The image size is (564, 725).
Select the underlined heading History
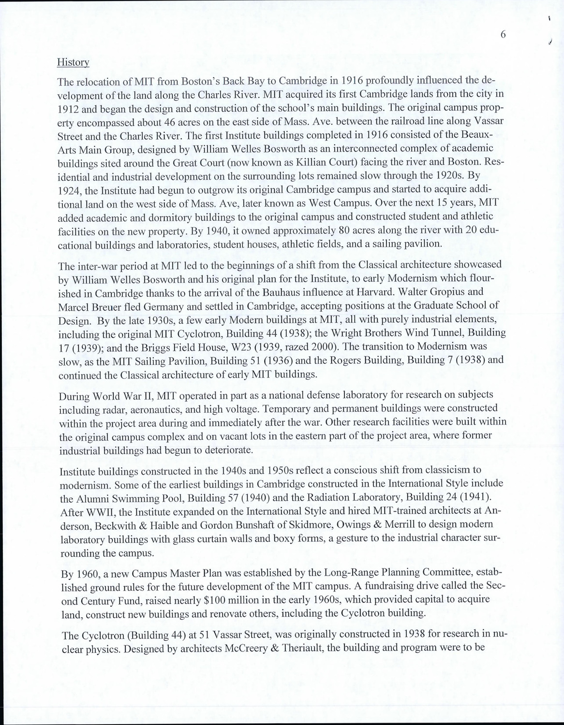click(x=73, y=62)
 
